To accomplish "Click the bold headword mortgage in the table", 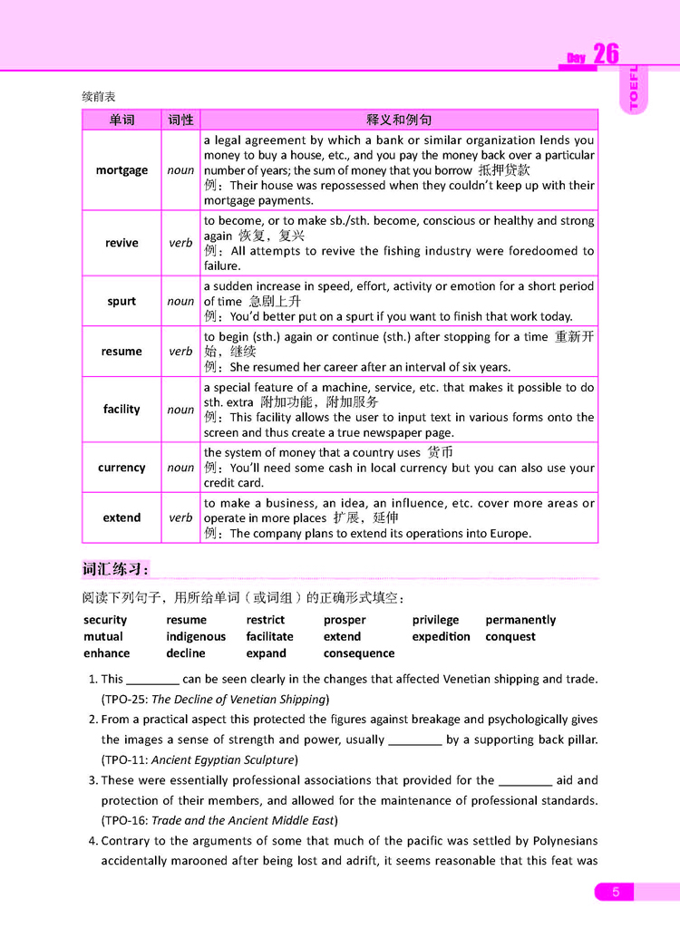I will click(121, 170).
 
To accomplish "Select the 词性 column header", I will click(180, 120).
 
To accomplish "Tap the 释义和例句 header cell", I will click(399, 120).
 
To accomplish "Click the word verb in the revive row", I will click(180, 243).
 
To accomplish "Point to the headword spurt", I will click(121, 301).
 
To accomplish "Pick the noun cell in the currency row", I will click(180, 468).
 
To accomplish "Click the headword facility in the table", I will click(121, 410).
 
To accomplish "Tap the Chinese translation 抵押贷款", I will click(504, 170).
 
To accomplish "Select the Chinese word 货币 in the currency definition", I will click(441, 452).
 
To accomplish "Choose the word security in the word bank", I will click(105, 620).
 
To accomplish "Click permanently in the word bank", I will click(520, 620).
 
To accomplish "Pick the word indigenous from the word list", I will click(196, 636).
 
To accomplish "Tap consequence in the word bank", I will click(359, 653).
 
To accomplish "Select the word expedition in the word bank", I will click(441, 636).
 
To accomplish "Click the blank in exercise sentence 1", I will click(152, 680).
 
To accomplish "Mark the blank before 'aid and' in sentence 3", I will click(526, 780).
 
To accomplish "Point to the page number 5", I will click(616, 893).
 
